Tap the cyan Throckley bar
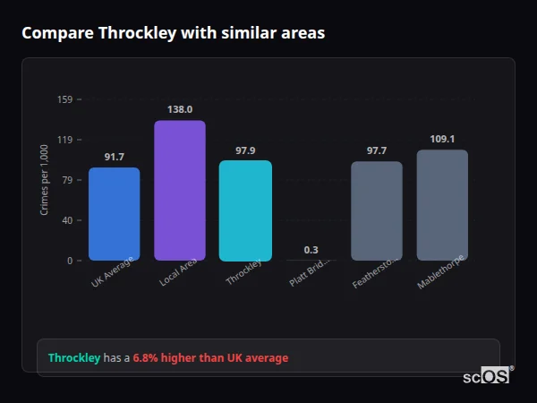[x=245, y=210]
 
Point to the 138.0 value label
[x=180, y=109]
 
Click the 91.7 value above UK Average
[x=114, y=157]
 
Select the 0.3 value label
[x=311, y=250]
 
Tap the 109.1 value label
[x=442, y=139]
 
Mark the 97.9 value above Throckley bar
[x=245, y=150]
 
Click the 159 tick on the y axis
[x=64, y=99]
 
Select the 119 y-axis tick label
[x=64, y=140]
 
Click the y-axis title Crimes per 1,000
[x=44, y=180]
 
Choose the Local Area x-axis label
[x=178, y=273]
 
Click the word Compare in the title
[x=57, y=33]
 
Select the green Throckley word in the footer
[x=74, y=358]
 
